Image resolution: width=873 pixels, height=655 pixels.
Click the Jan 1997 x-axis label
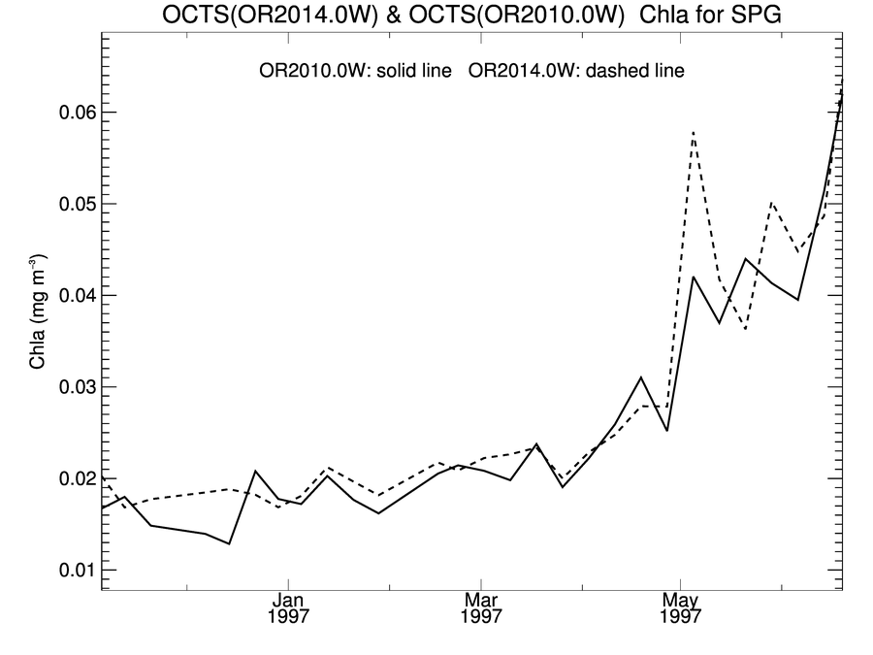tap(289, 608)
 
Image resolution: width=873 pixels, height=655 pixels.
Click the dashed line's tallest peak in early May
tap(694, 131)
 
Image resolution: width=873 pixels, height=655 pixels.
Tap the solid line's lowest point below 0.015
tap(229, 543)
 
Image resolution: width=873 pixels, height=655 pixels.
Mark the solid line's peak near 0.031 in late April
tap(641, 377)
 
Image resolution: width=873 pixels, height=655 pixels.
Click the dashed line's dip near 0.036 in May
tap(745, 329)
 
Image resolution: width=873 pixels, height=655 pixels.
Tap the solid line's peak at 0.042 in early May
tap(694, 277)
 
